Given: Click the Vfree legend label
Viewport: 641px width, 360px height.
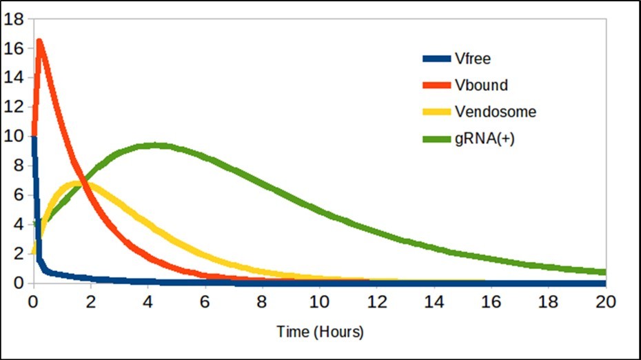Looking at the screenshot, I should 473,59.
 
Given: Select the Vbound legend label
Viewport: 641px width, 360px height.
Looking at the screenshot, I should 481,86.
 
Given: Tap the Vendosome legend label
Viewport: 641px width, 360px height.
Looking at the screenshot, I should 496,112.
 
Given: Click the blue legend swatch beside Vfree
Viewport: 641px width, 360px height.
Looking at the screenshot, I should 436,59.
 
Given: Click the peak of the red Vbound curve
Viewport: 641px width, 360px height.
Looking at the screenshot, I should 39,41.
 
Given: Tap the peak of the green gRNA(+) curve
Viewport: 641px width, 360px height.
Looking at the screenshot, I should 156,145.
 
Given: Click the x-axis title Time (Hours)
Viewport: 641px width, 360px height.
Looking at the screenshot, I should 320,332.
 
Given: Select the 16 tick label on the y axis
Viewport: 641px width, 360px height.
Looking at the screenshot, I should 14,48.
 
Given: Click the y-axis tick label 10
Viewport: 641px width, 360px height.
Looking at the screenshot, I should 14,137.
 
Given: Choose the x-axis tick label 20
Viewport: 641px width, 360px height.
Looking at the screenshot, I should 604,301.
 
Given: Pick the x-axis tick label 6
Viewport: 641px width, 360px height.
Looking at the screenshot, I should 205,301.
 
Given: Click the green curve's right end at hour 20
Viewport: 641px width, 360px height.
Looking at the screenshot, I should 604,272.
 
